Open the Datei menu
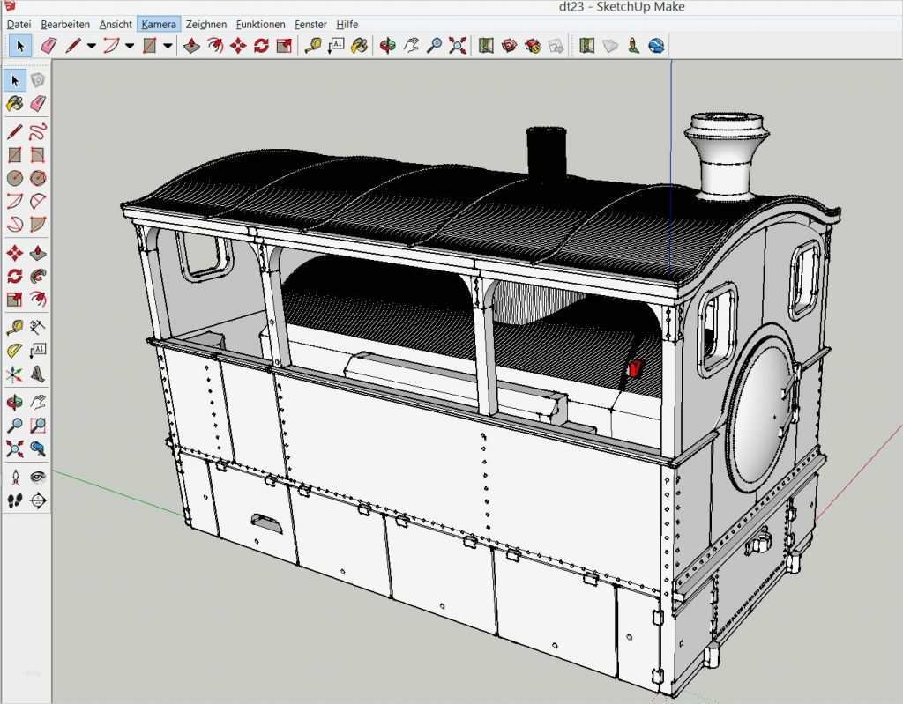19,24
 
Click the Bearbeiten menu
65,24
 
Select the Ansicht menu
116,24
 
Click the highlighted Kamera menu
159,24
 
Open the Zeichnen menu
205,24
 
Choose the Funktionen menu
260,24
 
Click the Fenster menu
310,24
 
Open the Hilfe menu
347,24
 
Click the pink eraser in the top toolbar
49,45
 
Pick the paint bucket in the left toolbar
14,103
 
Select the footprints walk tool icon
14,500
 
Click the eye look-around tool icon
38,477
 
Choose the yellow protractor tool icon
14,351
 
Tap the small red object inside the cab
633,368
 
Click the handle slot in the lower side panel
267,522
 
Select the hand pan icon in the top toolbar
411,45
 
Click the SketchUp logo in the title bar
8,7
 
